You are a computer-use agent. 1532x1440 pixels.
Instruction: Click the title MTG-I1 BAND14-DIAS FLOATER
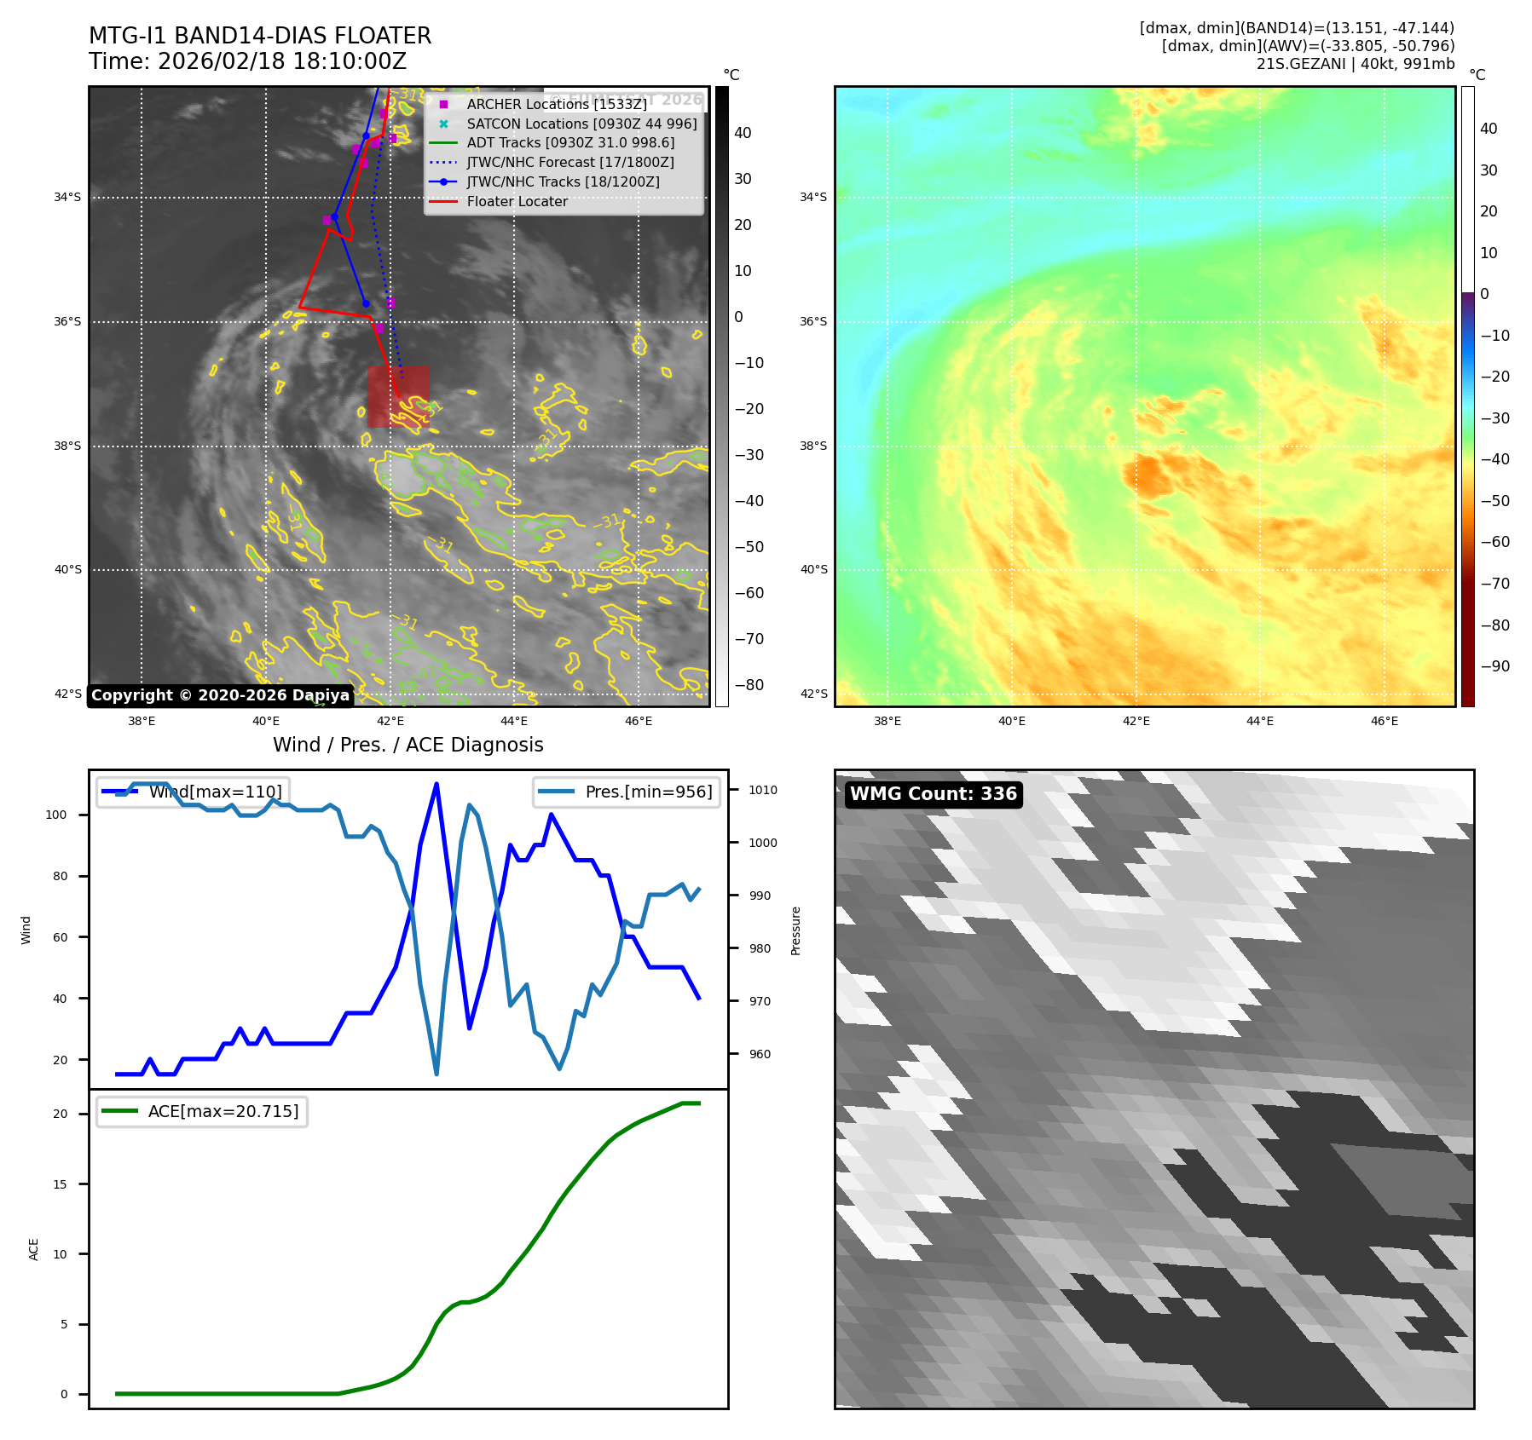point(260,36)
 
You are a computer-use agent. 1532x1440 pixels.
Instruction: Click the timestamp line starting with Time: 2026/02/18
point(247,61)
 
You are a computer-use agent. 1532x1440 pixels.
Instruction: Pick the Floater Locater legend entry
point(517,202)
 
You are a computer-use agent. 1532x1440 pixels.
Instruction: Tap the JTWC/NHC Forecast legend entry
point(569,162)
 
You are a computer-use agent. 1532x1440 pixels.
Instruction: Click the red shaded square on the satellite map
point(398,396)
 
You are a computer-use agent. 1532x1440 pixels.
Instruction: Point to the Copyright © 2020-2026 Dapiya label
point(220,695)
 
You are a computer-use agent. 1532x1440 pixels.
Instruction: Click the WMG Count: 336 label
point(934,794)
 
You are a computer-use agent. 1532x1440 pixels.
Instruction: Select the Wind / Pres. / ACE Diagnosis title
point(408,745)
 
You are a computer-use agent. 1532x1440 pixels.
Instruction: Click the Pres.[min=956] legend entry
point(648,792)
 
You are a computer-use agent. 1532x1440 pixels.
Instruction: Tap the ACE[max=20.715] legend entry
point(223,1111)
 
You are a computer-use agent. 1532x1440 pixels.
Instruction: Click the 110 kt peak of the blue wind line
point(436,784)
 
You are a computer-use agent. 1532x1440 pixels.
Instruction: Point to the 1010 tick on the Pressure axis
point(762,790)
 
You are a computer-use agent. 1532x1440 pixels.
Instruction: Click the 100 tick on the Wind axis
point(56,815)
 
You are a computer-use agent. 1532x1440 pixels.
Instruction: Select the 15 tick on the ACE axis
point(60,1184)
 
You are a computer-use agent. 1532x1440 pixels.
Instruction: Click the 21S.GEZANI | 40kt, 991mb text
point(1355,64)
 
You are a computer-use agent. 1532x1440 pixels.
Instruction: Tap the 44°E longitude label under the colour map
point(1260,722)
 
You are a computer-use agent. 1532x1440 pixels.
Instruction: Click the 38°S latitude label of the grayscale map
point(68,446)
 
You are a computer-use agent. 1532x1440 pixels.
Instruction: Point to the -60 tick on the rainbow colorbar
point(1494,542)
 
